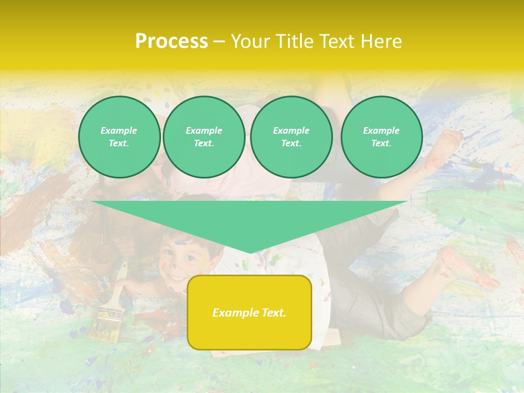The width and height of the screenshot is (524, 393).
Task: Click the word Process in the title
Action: (171, 41)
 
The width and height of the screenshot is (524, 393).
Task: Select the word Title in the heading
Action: (297, 41)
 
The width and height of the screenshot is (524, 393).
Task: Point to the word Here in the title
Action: (382, 41)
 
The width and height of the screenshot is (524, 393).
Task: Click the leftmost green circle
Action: (119, 137)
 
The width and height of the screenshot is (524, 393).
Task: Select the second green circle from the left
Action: (204, 137)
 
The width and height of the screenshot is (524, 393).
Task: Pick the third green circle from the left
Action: (291, 137)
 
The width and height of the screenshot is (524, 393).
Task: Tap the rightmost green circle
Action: (381, 137)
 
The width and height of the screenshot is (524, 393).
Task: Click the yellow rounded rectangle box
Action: (249, 333)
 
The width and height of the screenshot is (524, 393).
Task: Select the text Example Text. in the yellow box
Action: (249, 313)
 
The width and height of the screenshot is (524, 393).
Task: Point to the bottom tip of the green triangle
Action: (249, 252)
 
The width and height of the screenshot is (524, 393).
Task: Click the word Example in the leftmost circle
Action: (119, 131)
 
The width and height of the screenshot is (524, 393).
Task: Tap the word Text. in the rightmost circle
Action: (381, 144)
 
